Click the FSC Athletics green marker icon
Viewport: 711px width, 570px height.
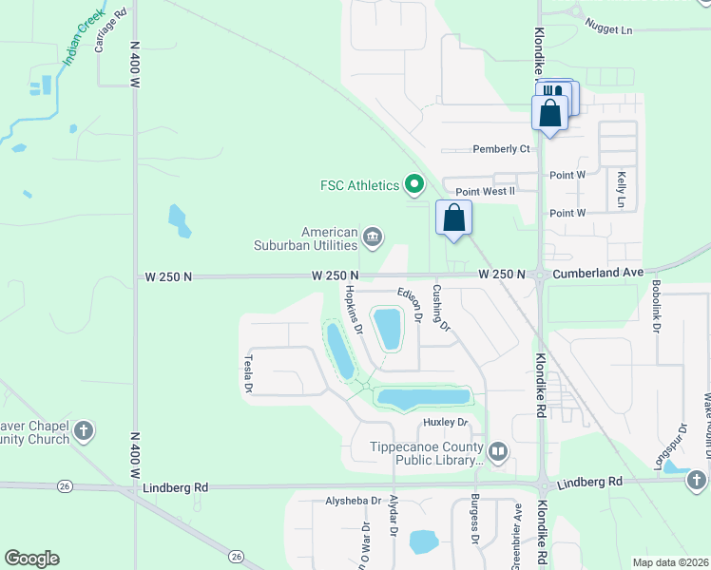[413, 183]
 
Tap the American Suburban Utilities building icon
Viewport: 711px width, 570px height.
[373, 236]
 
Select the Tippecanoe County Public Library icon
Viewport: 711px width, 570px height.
[498, 450]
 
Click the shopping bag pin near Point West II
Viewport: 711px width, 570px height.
[454, 218]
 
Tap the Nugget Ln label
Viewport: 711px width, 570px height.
[608, 29]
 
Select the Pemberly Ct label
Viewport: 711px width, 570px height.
[501, 149]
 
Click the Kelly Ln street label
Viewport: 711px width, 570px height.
[621, 189]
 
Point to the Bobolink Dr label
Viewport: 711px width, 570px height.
[656, 307]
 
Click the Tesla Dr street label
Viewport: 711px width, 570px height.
[249, 373]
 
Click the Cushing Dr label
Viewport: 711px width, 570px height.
[441, 308]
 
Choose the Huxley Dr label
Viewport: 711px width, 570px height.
[447, 422]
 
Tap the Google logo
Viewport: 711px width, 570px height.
[31, 559]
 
